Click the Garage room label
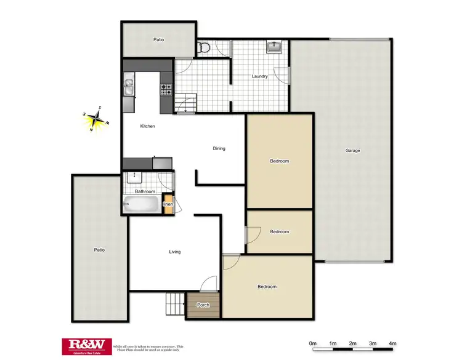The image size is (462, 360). [352, 151]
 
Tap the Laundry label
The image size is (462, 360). [259, 76]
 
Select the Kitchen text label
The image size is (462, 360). [147, 126]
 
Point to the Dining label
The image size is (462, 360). [219, 148]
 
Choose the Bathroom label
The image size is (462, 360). [145, 191]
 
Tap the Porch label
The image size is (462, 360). [203, 305]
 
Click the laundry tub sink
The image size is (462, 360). [275, 47]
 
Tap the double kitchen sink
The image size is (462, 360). [129, 88]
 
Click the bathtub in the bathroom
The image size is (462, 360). [142, 206]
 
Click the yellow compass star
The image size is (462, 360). [95, 119]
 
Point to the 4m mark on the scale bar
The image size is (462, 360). [392, 343]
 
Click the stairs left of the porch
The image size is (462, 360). [175, 303]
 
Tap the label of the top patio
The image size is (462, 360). [158, 39]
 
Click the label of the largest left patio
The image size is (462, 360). [99, 250]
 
